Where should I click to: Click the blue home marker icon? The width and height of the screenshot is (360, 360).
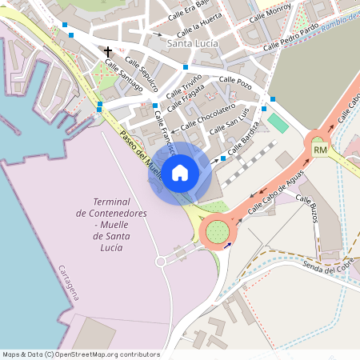[x=180, y=172]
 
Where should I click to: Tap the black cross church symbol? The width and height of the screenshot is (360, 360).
[x=108, y=52]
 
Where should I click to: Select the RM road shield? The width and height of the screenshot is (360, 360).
[x=321, y=150]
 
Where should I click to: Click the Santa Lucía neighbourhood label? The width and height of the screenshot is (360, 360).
[x=188, y=42]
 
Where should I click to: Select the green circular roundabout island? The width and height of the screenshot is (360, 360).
[x=217, y=232]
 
